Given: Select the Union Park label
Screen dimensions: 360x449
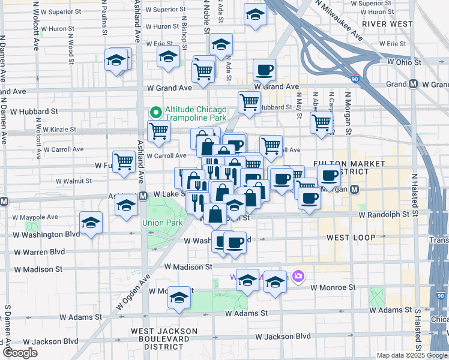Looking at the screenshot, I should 162,223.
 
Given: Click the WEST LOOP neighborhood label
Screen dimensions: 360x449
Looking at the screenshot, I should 351,238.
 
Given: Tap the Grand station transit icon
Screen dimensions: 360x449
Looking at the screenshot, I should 413,85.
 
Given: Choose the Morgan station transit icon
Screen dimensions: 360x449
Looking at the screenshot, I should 354,190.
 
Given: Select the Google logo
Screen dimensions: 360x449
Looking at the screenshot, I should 20,352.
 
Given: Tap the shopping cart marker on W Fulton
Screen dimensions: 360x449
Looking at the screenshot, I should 124,161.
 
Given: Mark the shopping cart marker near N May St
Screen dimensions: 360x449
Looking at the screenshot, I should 322,122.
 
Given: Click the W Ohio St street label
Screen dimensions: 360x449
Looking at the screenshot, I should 402,61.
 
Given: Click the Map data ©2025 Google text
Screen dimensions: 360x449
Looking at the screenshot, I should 411,355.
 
